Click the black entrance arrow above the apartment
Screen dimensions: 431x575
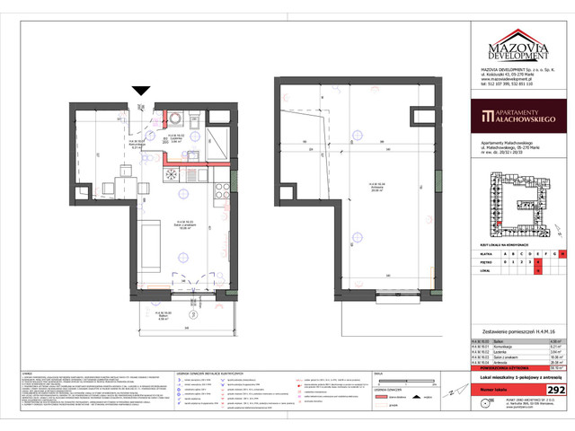[141, 90]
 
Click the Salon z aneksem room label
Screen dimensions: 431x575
[186, 225]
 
